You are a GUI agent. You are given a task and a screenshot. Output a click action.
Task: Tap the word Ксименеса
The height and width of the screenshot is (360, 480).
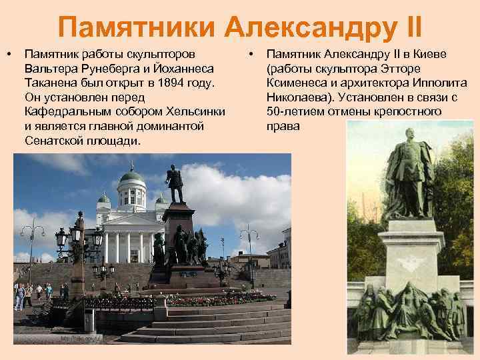pos(298,81)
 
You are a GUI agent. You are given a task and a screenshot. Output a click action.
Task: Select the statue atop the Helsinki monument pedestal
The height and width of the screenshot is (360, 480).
pos(175,183)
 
